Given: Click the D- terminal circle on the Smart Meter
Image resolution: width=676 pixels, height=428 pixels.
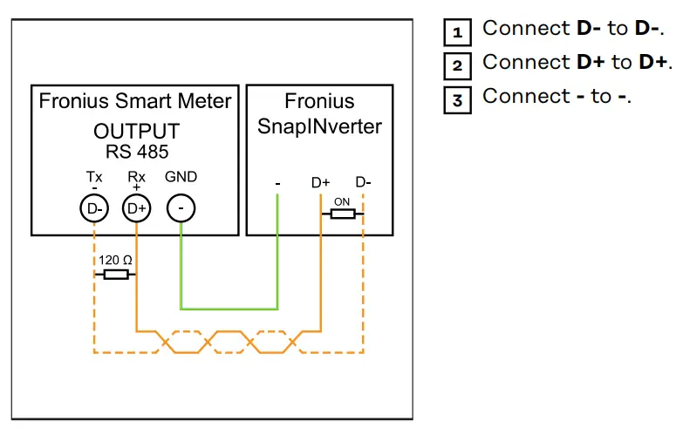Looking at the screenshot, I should pyautogui.click(x=93, y=208).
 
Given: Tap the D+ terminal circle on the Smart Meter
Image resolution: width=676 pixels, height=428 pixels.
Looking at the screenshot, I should pyautogui.click(x=136, y=208).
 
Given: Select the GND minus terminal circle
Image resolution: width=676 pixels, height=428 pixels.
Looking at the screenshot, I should pyautogui.click(x=181, y=208).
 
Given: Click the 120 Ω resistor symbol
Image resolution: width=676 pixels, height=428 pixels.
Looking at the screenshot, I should pyautogui.click(x=115, y=275).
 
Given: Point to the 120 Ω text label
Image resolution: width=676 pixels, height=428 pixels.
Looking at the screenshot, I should pyautogui.click(x=115, y=260).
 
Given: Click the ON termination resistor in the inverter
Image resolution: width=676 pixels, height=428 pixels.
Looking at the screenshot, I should pyautogui.click(x=342, y=213).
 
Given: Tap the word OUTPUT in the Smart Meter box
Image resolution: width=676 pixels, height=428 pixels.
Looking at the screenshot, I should pyautogui.click(x=136, y=132).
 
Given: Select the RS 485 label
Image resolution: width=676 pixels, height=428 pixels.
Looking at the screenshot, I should pyautogui.click(x=136, y=151).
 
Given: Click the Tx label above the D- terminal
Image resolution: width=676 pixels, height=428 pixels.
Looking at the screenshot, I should pyautogui.click(x=94, y=177).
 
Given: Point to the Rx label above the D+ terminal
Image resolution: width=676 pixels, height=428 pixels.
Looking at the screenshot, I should pyautogui.click(x=136, y=177).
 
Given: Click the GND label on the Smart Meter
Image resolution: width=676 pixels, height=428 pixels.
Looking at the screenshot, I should pyautogui.click(x=181, y=177).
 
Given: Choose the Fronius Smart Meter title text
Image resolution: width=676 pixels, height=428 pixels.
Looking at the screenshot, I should pyautogui.click(x=135, y=101).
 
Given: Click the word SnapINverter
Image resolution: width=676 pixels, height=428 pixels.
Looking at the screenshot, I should pyautogui.click(x=319, y=126).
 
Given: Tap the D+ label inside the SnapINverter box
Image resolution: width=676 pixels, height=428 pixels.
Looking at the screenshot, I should pyautogui.click(x=321, y=183).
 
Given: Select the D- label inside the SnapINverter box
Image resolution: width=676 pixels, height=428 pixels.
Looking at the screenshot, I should pyautogui.click(x=363, y=183).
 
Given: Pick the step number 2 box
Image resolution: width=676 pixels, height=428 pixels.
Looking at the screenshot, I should pyautogui.click(x=457, y=65).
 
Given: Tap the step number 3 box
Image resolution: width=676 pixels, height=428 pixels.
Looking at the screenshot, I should pyautogui.click(x=457, y=99).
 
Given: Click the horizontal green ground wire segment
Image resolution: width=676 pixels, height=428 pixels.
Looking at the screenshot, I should pyautogui.click(x=229, y=308).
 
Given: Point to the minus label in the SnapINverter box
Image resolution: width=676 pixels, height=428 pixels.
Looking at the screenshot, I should pyautogui.click(x=277, y=184).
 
